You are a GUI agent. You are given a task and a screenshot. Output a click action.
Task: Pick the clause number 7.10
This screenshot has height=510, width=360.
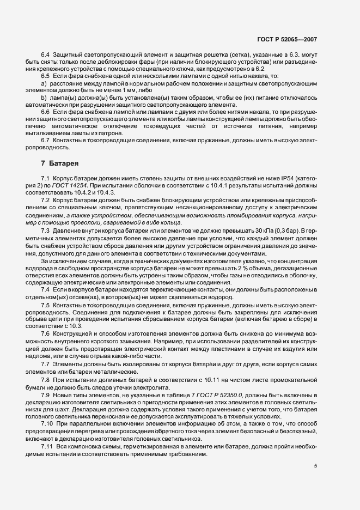(x=47, y=423)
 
